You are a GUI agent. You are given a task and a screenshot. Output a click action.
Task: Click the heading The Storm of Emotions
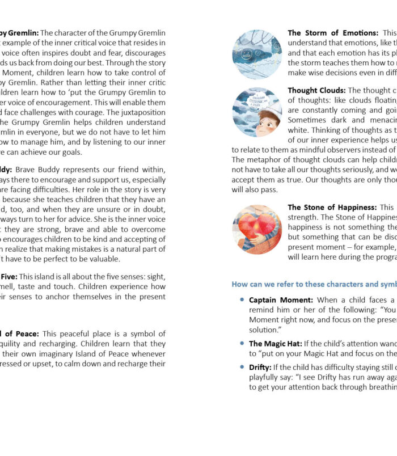tap(333, 33)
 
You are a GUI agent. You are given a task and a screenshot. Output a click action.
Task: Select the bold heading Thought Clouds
tap(316, 90)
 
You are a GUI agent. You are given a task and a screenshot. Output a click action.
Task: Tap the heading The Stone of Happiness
tap(332, 207)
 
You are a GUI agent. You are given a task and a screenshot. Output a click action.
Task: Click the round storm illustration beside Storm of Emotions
tap(257, 53)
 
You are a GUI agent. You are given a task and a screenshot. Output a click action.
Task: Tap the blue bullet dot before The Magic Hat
tap(242, 343)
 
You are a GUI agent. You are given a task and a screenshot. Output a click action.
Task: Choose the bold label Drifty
tap(260, 367)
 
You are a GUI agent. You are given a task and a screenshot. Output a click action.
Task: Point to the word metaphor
tap(267, 159)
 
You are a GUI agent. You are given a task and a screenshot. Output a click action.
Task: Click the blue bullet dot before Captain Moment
tap(242, 299)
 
